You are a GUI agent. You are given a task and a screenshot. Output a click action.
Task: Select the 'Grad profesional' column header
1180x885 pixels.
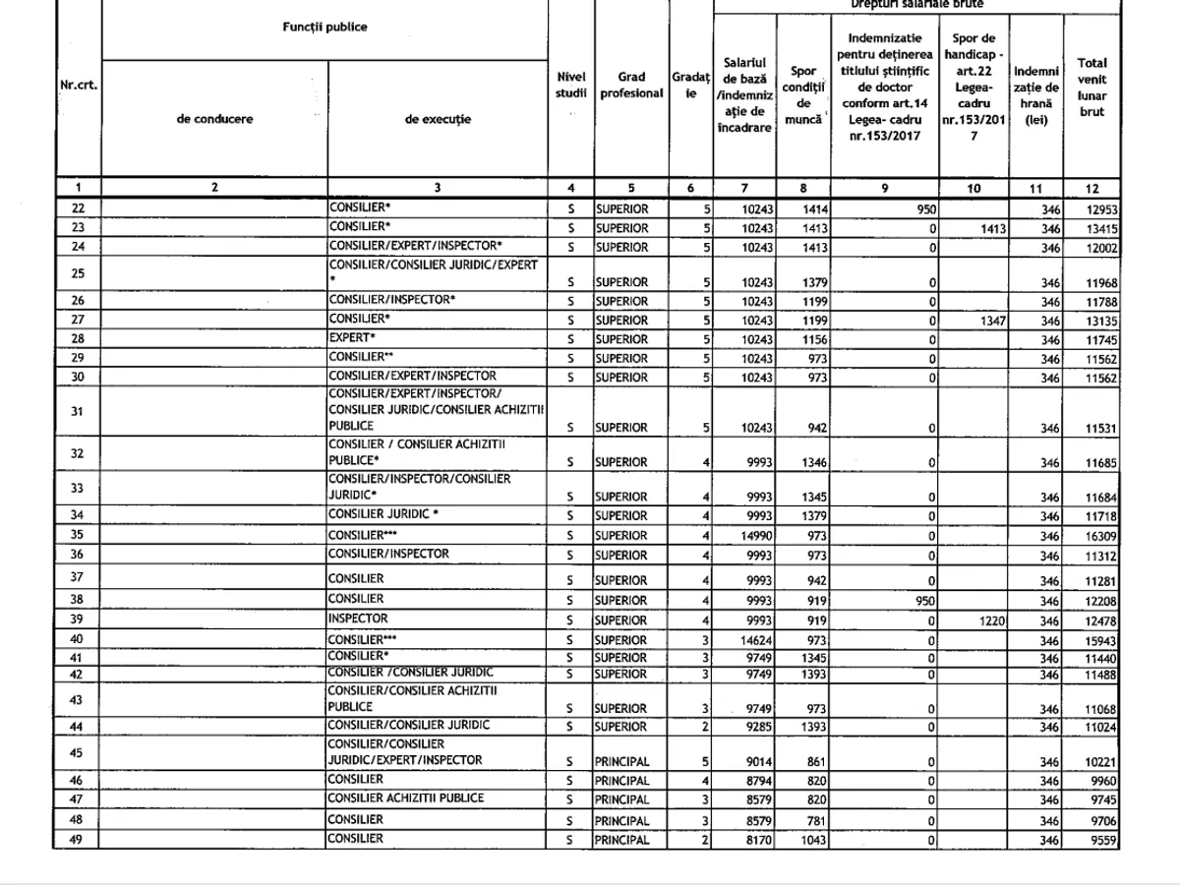click(631, 87)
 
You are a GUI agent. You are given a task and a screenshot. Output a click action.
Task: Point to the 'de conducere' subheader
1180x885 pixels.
click(214, 119)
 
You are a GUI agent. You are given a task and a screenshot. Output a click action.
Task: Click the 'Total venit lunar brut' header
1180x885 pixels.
click(1091, 88)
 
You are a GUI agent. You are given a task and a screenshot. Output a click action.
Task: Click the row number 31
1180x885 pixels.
click(78, 411)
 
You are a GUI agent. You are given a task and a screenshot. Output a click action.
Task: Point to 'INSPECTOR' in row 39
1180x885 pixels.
click(358, 619)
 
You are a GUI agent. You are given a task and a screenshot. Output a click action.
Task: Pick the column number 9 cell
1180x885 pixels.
click(885, 188)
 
